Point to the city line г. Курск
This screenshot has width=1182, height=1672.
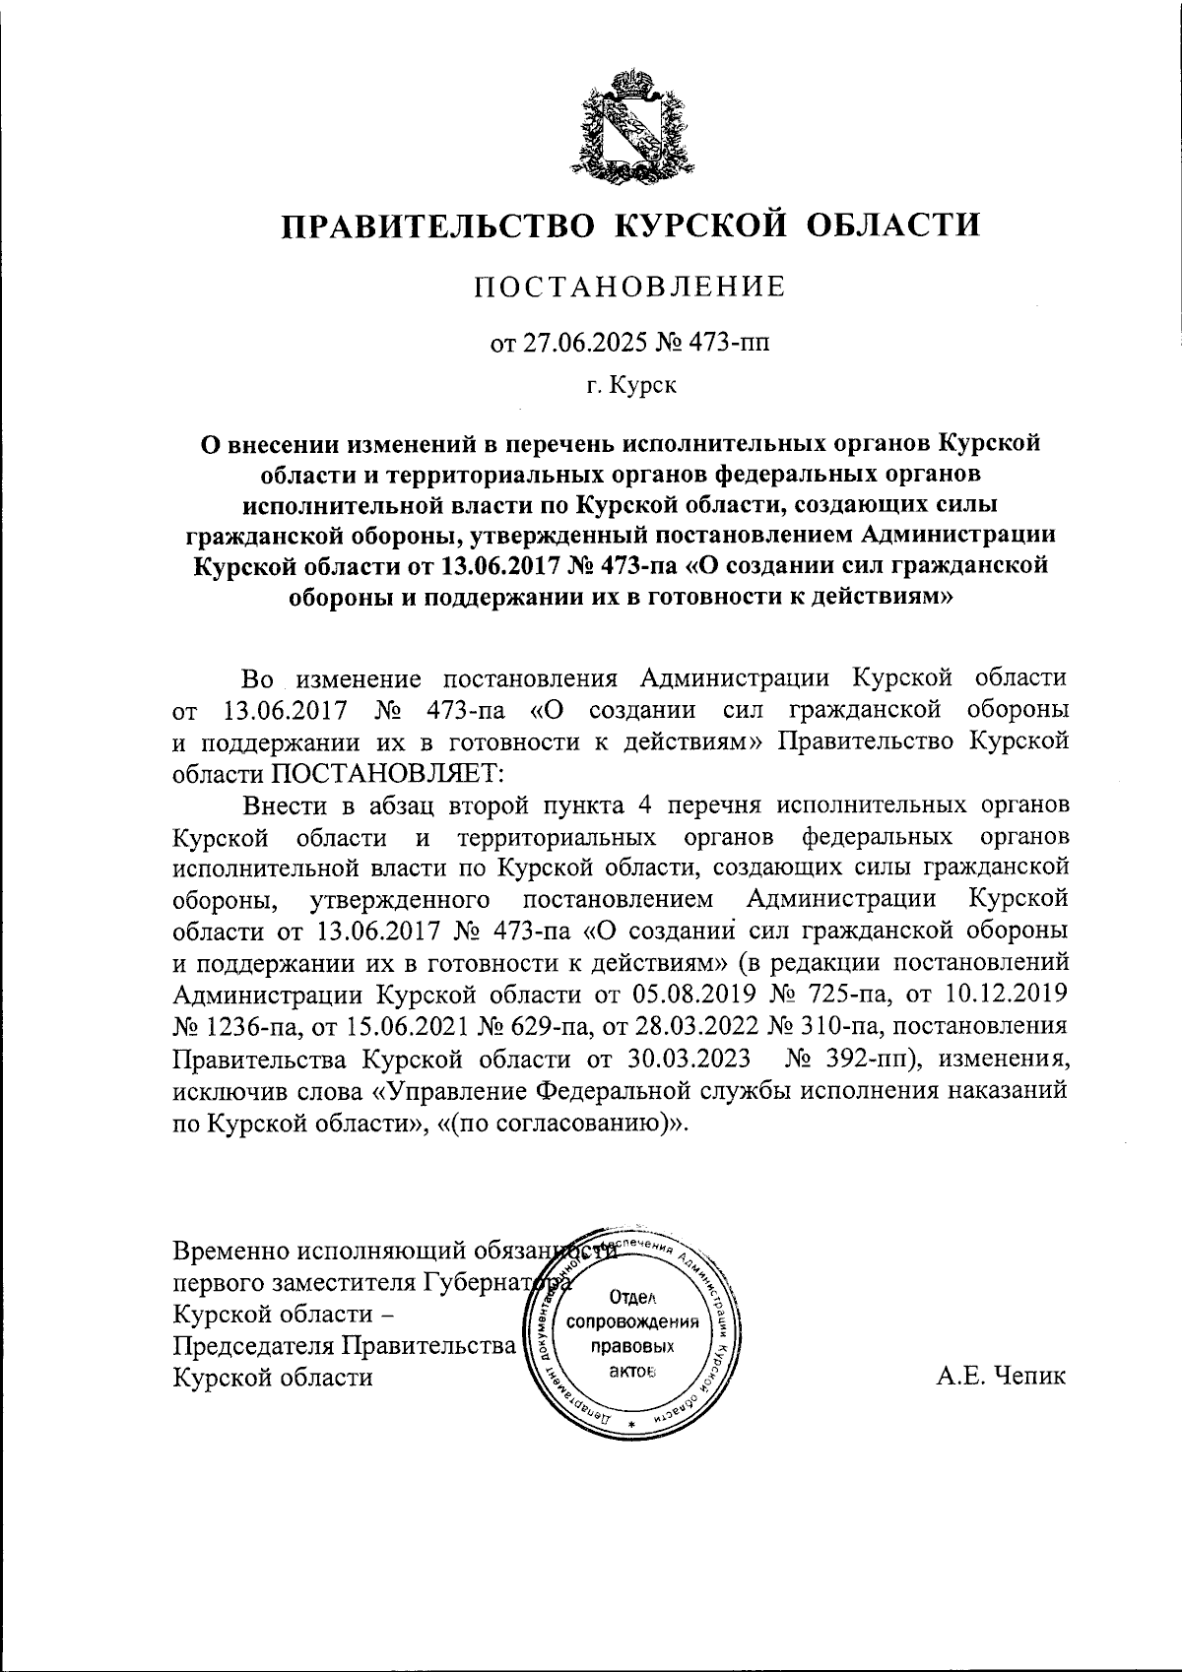631,386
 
